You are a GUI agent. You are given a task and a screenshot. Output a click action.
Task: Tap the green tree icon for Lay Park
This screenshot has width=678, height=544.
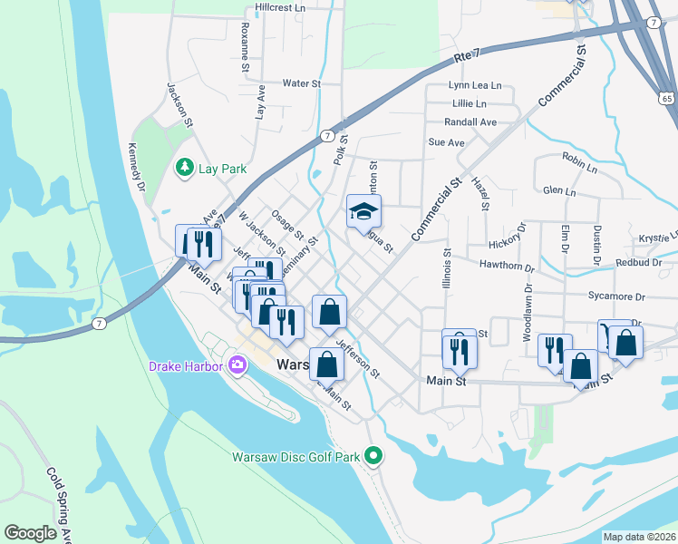click(x=184, y=168)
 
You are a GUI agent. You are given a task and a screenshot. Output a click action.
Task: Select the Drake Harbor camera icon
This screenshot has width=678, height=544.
click(x=237, y=366)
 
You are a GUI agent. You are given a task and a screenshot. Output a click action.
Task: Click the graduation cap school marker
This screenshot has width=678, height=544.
click(x=363, y=212)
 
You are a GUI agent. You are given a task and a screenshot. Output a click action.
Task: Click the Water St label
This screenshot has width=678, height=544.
click(x=302, y=83)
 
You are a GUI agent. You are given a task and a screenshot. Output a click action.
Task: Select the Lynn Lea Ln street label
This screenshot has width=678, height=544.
click(x=475, y=85)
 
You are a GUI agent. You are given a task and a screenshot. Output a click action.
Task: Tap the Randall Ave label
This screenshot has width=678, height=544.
click(x=470, y=122)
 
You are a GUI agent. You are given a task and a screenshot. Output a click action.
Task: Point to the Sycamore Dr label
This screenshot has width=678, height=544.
click(x=615, y=296)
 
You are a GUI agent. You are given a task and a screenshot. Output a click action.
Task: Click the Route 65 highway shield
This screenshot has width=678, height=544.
click(x=666, y=96)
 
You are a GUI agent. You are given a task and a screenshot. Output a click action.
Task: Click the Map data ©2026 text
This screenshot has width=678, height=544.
click(x=640, y=537)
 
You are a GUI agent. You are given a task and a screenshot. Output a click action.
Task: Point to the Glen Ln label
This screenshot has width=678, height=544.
click(x=558, y=192)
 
